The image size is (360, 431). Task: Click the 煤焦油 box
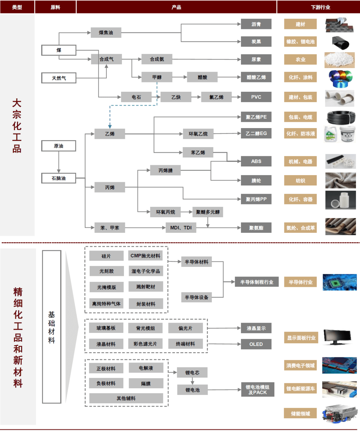coord(106,33)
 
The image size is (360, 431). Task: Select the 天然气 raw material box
coord(59,78)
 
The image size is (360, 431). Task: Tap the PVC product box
coord(256,97)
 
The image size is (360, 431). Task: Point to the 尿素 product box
coord(256,59)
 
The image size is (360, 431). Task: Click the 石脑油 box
coord(59,178)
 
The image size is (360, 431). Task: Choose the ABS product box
coord(256,161)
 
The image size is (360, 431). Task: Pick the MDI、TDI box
coord(181,228)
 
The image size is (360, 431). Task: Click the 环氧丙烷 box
coord(165,212)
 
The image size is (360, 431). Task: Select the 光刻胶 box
coord(106,271)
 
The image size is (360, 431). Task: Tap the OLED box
coord(256,344)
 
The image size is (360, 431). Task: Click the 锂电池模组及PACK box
coord(257,390)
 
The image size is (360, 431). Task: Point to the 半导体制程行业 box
coord(256,282)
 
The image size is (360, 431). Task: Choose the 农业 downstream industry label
coord(300,59)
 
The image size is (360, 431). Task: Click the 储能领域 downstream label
coord(300,413)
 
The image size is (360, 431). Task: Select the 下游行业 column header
coord(320,7)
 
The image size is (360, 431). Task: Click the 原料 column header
coord(55,7)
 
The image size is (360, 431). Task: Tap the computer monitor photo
coord(337,337)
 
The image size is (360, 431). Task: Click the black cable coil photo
coord(341,117)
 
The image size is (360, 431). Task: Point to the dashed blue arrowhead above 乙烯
coord(110,126)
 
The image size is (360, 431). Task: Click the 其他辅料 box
coord(126,398)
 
